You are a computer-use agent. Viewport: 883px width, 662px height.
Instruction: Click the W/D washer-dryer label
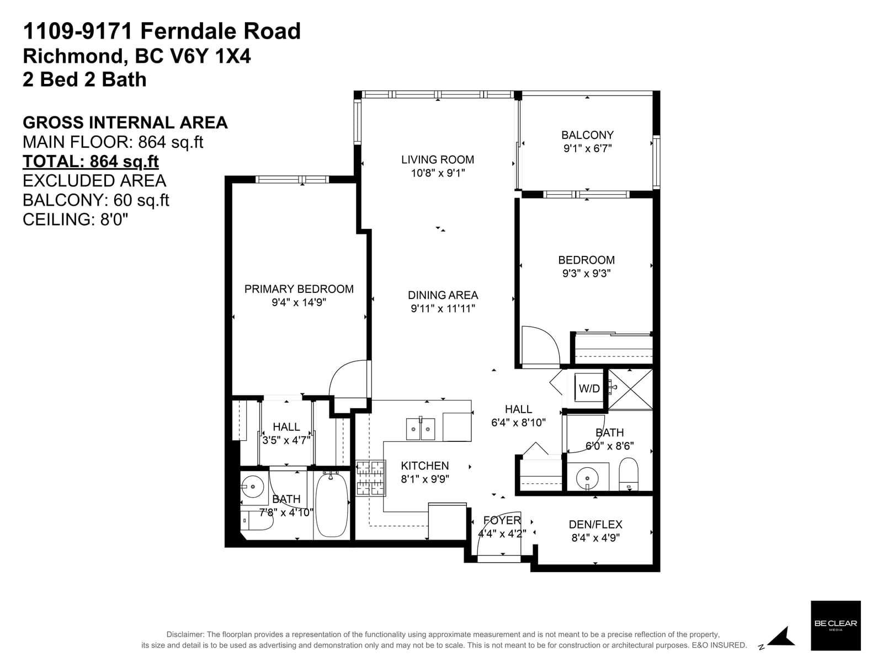click(589, 388)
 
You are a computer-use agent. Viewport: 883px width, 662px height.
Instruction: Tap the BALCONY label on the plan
click(587, 135)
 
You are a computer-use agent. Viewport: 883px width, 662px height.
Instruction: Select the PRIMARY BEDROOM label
click(299, 289)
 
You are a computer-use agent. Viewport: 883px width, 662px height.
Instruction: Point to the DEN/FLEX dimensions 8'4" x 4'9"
click(595, 537)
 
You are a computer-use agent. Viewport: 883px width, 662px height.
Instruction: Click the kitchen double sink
click(421, 429)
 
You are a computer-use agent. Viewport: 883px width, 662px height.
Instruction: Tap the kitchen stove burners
click(371, 478)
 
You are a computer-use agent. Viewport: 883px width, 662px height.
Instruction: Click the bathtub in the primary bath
click(332, 505)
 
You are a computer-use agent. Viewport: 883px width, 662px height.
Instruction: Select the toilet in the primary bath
click(258, 521)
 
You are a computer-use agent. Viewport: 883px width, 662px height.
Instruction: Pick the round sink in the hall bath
click(587, 478)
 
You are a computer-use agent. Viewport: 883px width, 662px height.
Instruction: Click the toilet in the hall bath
click(629, 474)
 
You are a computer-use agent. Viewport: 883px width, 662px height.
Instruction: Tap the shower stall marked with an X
click(630, 389)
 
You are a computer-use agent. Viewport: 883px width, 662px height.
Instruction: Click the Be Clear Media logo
click(836, 626)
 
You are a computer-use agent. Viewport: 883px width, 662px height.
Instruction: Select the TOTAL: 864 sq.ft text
click(91, 162)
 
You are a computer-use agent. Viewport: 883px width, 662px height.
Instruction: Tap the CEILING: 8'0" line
click(75, 220)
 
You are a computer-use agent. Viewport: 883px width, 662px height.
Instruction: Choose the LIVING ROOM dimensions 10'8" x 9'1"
click(438, 173)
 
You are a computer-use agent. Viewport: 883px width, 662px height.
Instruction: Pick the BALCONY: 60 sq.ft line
click(95, 200)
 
